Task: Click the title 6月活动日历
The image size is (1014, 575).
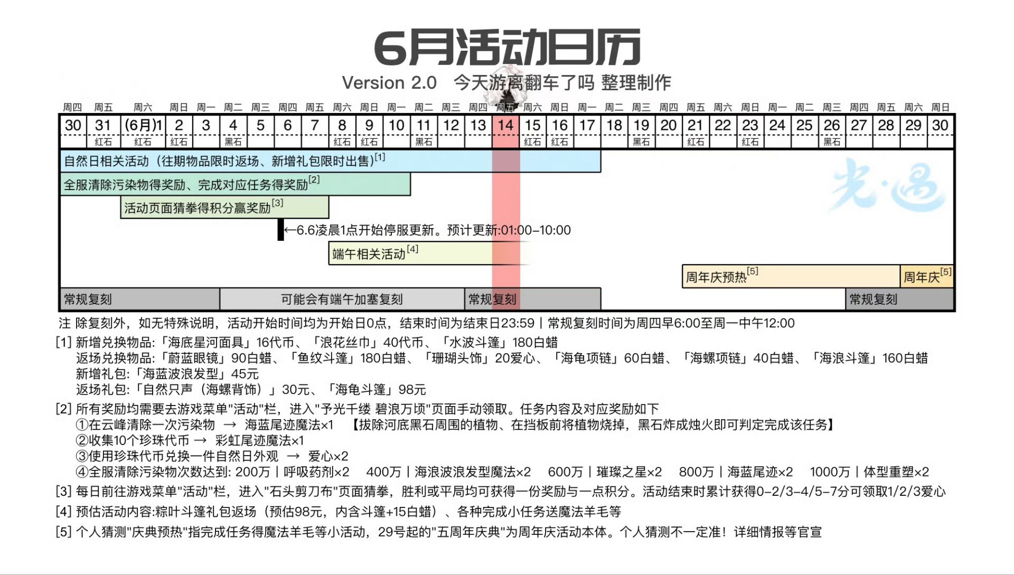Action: click(507, 48)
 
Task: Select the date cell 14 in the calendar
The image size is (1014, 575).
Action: click(505, 126)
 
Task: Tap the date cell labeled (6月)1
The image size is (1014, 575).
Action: click(143, 126)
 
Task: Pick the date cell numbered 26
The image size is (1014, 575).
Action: click(831, 126)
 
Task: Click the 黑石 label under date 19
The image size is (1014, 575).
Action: click(641, 142)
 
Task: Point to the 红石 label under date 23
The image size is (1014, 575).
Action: click(750, 142)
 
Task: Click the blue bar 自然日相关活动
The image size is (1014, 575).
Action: click(331, 161)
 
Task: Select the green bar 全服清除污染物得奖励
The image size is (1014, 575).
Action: click(236, 184)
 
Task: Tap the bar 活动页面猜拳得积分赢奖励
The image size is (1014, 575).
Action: click(225, 207)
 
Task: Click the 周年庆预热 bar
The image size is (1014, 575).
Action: click(791, 276)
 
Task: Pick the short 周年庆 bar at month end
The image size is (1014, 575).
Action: click(927, 276)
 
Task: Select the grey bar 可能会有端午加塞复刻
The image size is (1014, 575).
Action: click(342, 299)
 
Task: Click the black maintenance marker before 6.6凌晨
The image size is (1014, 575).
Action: click(280, 230)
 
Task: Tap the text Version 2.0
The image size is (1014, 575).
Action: click(389, 83)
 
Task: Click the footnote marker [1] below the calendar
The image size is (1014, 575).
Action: click(63, 343)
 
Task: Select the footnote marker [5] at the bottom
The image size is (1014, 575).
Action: click(63, 532)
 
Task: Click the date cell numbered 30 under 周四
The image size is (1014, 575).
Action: click(73, 126)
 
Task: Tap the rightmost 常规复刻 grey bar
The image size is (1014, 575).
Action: click(900, 299)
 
